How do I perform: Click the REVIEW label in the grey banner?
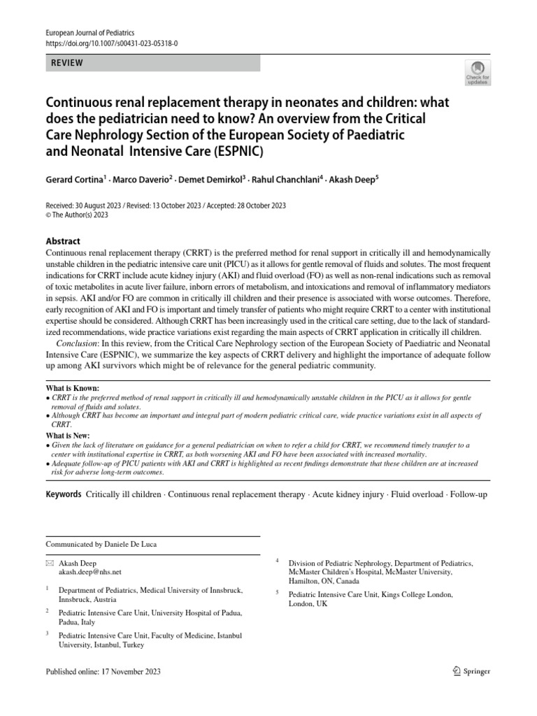pos(67,63)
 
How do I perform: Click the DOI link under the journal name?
pos(111,43)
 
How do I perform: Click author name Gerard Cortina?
pos(76,180)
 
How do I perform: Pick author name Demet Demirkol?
pos(210,180)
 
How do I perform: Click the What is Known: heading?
pos(72,387)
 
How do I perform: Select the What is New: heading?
pos(68,436)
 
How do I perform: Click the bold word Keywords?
pos(63,494)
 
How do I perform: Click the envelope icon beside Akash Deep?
pos(49,563)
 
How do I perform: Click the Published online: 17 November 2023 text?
pos(103,672)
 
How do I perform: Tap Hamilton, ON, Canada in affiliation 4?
pos(329,580)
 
